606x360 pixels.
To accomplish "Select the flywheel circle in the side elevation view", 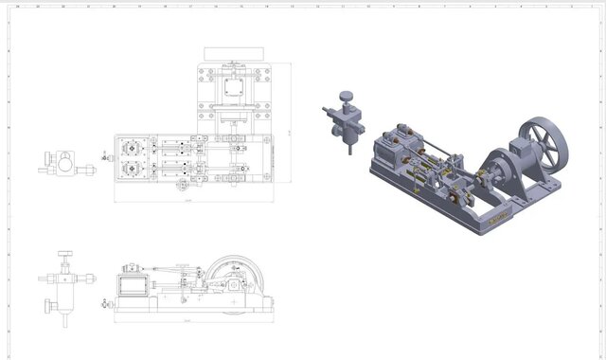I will pyautogui.click(x=229, y=279).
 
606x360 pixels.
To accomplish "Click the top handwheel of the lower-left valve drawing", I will pyautogui.click(x=64, y=253).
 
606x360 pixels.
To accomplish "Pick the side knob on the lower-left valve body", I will pyautogui.click(x=47, y=304).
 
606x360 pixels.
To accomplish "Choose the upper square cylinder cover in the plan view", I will pyautogui.click(x=132, y=150).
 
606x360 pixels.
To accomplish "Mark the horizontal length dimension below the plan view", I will pyautogui.click(x=188, y=202).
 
